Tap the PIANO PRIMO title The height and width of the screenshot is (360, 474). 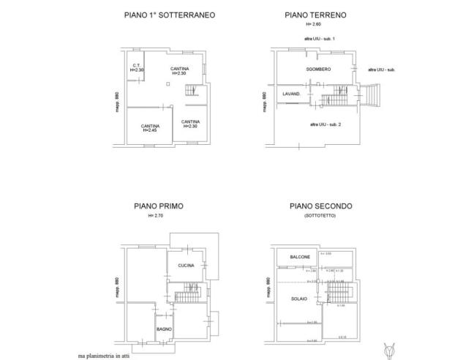pos(158,207)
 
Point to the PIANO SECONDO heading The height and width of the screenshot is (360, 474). pos(321,207)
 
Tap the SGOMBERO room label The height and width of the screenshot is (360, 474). pos(318,69)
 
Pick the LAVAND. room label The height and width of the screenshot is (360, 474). pos(293,94)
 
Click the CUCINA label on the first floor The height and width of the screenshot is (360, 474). pos(186,265)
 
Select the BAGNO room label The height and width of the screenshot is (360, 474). pos(164,330)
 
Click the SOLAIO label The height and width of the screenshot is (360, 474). pos(298,298)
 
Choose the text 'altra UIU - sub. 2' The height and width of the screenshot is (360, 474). pos(326,124)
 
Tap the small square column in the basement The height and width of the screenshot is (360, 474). pos(168,85)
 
